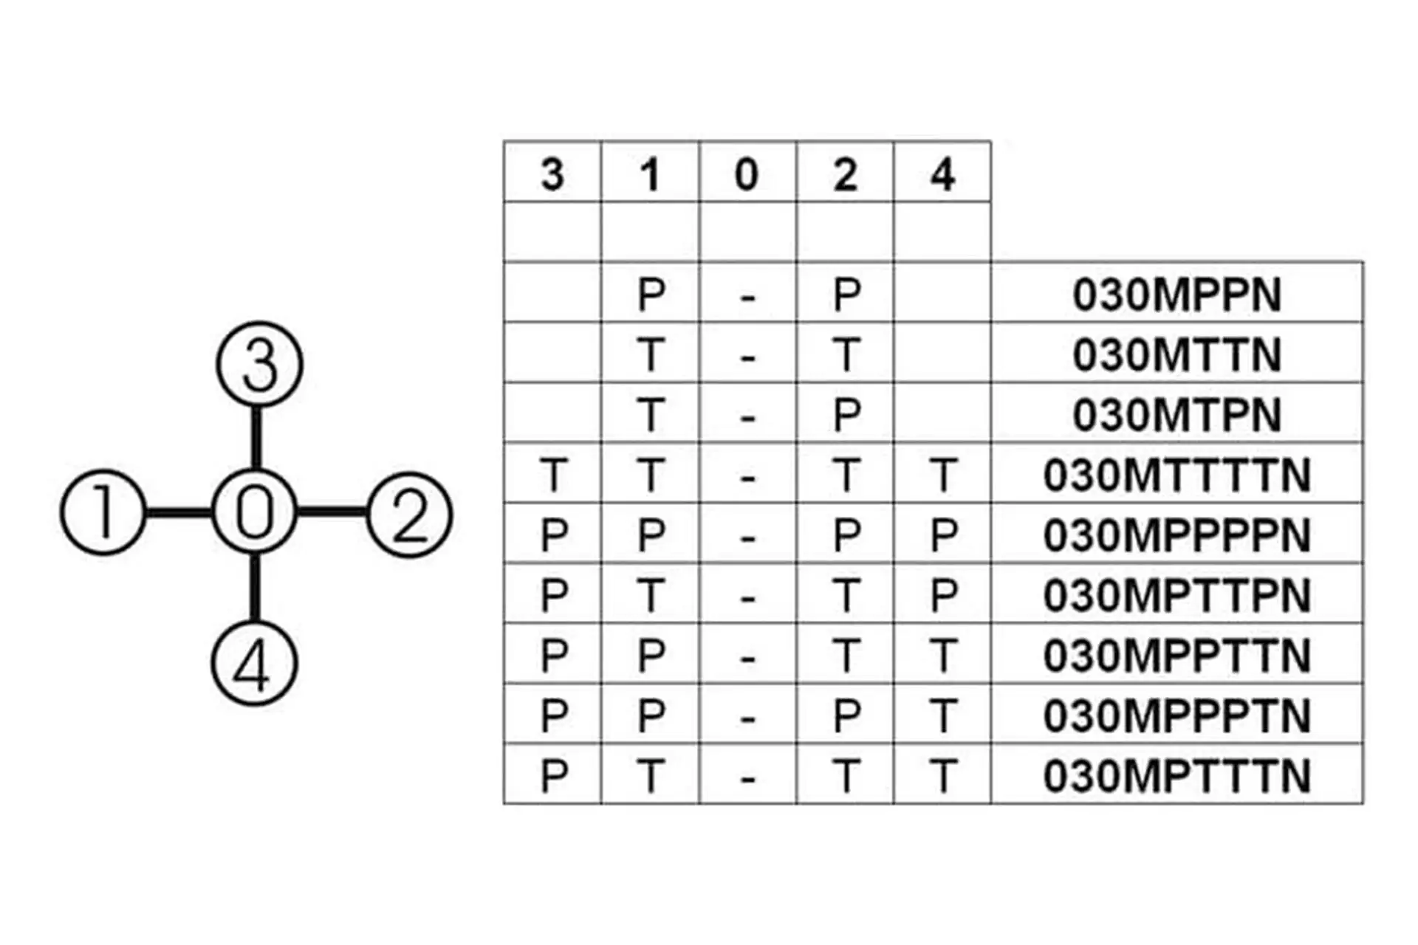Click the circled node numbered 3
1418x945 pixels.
(259, 364)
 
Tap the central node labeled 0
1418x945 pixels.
(255, 512)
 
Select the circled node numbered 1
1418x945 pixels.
(103, 512)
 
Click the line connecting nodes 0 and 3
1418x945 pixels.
(256, 437)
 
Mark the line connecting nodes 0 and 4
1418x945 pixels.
(255, 588)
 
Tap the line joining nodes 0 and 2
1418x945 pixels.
(332, 512)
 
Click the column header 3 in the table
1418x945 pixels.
(552, 175)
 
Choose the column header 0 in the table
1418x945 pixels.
(747, 175)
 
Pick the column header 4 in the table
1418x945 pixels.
(942, 175)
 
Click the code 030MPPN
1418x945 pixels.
(1177, 295)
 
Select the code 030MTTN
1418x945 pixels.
(1177, 355)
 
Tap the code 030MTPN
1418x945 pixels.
(1177, 415)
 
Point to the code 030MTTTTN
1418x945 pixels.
(1177, 475)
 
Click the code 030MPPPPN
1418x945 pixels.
(1177, 535)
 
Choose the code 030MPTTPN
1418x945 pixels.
(1177, 596)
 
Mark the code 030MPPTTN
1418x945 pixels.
(1177, 656)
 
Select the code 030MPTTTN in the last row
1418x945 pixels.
(1177, 776)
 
